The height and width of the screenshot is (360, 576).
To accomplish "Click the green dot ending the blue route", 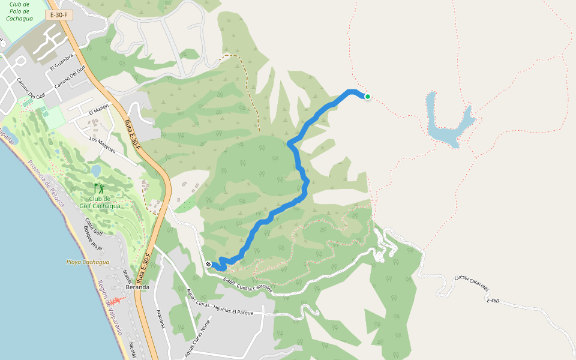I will [367, 97].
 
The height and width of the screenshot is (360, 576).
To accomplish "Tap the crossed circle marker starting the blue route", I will [208, 264].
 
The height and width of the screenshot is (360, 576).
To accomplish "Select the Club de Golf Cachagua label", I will [100, 203].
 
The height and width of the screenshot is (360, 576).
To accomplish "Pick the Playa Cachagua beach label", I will [88, 262].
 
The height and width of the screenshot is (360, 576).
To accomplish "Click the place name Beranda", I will [137, 287].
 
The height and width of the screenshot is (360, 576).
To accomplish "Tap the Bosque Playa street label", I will [93, 239].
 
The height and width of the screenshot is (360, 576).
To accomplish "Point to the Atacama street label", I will [160, 319].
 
